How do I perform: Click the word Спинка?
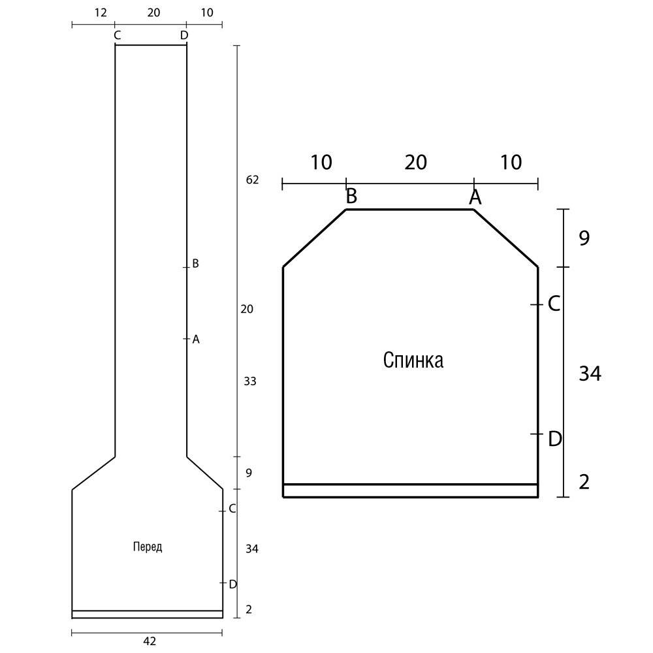click(x=413, y=360)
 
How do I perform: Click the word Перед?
click(x=148, y=547)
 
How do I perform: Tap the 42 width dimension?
click(x=150, y=641)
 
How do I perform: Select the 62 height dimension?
click(x=252, y=180)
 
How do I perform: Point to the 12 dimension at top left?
click(x=101, y=12)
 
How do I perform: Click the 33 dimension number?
click(x=250, y=381)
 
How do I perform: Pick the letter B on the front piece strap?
click(x=195, y=264)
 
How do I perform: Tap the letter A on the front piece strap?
click(x=196, y=340)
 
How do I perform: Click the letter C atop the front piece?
click(x=117, y=35)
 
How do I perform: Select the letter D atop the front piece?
click(x=184, y=35)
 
